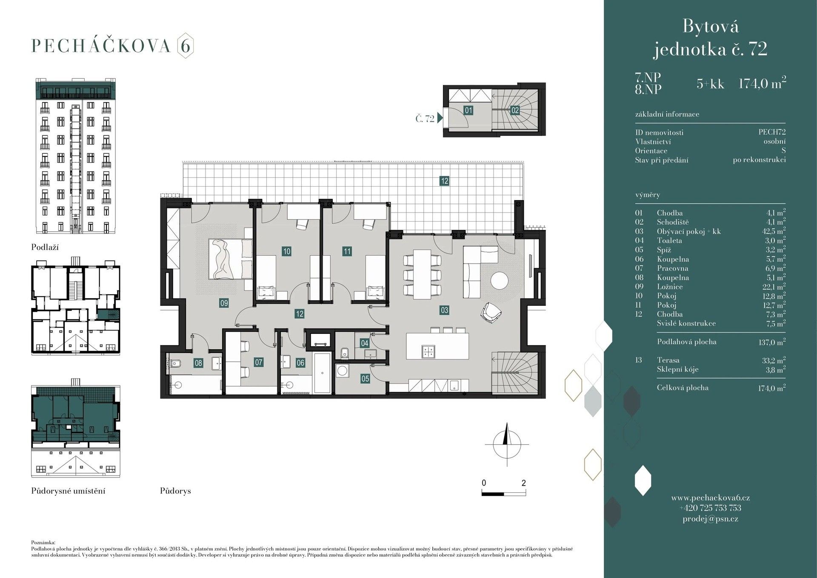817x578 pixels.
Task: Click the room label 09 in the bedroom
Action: tap(224, 303)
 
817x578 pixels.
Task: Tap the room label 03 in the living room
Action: tap(444, 310)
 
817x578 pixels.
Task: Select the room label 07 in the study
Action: tap(258, 362)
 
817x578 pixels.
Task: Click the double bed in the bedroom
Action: tap(230, 259)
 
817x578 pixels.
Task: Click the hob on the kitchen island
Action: tap(428, 351)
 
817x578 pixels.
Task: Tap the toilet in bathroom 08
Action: tap(175, 363)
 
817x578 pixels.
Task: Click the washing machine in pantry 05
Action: tap(342, 371)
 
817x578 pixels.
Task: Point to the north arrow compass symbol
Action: tap(506, 444)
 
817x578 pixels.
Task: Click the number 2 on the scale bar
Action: tap(523, 483)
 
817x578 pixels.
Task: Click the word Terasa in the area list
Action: tap(668, 360)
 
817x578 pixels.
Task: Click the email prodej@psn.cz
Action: tap(710, 519)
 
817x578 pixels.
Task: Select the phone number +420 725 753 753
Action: tap(710, 508)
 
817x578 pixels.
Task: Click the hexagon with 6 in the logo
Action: tap(185, 46)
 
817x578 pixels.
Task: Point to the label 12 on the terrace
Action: tap(444, 181)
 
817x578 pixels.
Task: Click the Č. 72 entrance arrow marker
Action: tap(440, 118)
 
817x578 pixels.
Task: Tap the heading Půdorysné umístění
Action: tap(68, 491)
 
